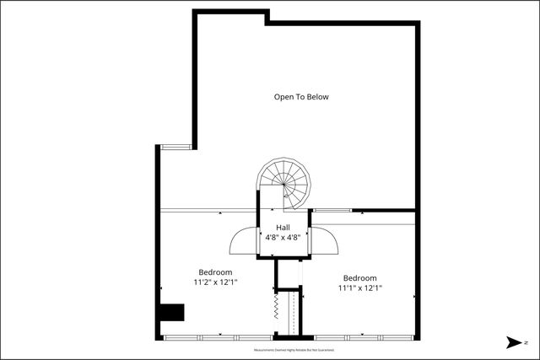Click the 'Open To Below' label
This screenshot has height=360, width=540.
coord(301,97)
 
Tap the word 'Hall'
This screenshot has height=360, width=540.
coord(283,228)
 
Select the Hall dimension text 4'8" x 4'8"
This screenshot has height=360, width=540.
coord(283,238)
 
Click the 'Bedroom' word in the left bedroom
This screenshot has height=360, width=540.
coord(215,272)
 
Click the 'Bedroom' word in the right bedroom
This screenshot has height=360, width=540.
coord(359,278)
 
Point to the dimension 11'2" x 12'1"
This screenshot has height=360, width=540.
coord(215,282)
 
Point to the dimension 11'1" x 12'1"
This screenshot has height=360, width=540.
coord(359,288)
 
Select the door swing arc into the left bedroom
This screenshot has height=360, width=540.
coord(242,239)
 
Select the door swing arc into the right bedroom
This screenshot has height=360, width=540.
coord(327,240)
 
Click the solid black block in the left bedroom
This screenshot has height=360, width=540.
coord(173,313)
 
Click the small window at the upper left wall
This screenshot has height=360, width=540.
coord(176,147)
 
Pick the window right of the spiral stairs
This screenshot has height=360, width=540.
coord(332,210)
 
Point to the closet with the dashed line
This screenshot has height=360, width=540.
coord(292,312)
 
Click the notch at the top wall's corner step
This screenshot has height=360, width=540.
coord(267,17)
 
